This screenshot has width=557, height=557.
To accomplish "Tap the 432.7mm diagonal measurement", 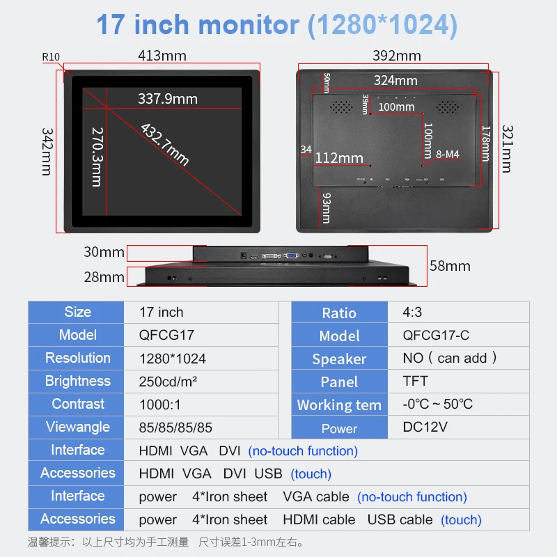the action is [165, 144].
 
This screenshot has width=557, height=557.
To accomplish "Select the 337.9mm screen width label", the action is [167, 99].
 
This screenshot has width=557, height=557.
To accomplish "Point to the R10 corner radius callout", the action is [51, 56].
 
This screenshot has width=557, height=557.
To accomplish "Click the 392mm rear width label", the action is [396, 55].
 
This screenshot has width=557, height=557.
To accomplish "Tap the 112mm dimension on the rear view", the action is [339, 158].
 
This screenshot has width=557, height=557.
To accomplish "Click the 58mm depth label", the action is [450, 265].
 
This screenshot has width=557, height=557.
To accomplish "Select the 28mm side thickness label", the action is [104, 277].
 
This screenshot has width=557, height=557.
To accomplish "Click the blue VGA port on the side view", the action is [293, 257].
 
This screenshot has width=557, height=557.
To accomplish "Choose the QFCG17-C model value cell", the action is [436, 335].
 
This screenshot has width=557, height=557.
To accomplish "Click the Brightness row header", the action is [77, 381].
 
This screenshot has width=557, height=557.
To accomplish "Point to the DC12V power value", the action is [426, 427].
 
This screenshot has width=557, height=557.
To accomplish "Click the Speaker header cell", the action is [339, 359].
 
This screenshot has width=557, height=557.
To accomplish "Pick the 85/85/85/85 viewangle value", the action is [176, 427].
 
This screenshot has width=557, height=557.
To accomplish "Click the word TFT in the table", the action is [415, 381].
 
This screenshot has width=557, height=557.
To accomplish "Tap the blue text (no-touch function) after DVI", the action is [303, 450].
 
